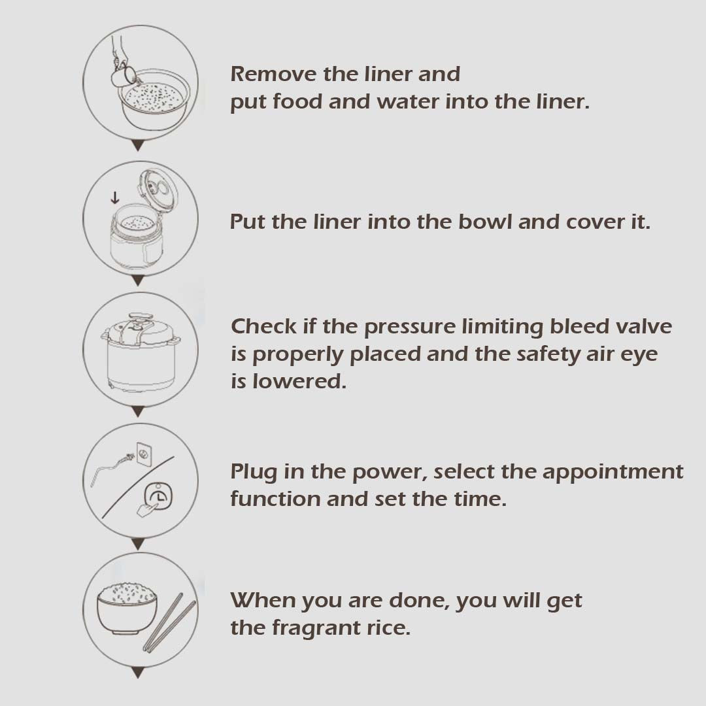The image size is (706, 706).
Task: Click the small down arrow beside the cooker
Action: (115, 197)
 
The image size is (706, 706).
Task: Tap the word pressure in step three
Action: (410, 328)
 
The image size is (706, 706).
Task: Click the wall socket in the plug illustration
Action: (144, 454)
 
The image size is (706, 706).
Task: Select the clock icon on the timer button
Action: (158, 496)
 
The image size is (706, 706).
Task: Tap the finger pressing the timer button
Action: (147, 509)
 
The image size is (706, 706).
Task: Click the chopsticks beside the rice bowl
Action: (169, 622)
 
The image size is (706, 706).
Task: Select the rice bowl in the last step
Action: (127, 608)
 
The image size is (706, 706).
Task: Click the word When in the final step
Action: (263, 600)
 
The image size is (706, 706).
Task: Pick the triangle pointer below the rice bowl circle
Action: (138, 673)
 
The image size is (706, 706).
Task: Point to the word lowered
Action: (299, 381)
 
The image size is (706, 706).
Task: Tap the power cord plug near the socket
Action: (129, 458)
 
